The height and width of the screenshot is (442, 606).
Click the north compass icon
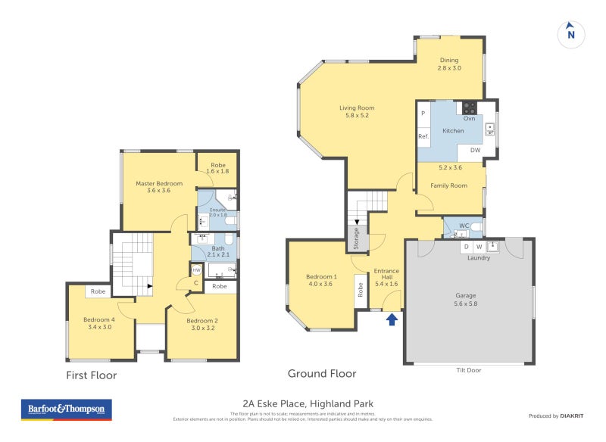570,33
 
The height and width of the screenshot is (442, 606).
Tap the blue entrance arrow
392,319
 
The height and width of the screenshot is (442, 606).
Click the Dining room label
449,64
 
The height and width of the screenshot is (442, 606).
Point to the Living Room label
357,111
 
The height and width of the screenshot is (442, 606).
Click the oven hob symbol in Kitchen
469,107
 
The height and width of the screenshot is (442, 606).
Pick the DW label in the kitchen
475,151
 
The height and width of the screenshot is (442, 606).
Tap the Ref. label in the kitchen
423,136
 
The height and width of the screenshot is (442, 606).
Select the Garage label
466,300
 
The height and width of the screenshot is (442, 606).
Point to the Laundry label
478,258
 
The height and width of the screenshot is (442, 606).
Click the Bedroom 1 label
321,280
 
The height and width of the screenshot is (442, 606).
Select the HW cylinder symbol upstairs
196,269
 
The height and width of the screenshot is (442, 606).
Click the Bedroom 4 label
100,323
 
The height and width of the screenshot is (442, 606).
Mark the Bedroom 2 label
203,325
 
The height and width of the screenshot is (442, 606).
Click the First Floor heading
91,375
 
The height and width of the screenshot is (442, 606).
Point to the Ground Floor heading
322,374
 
